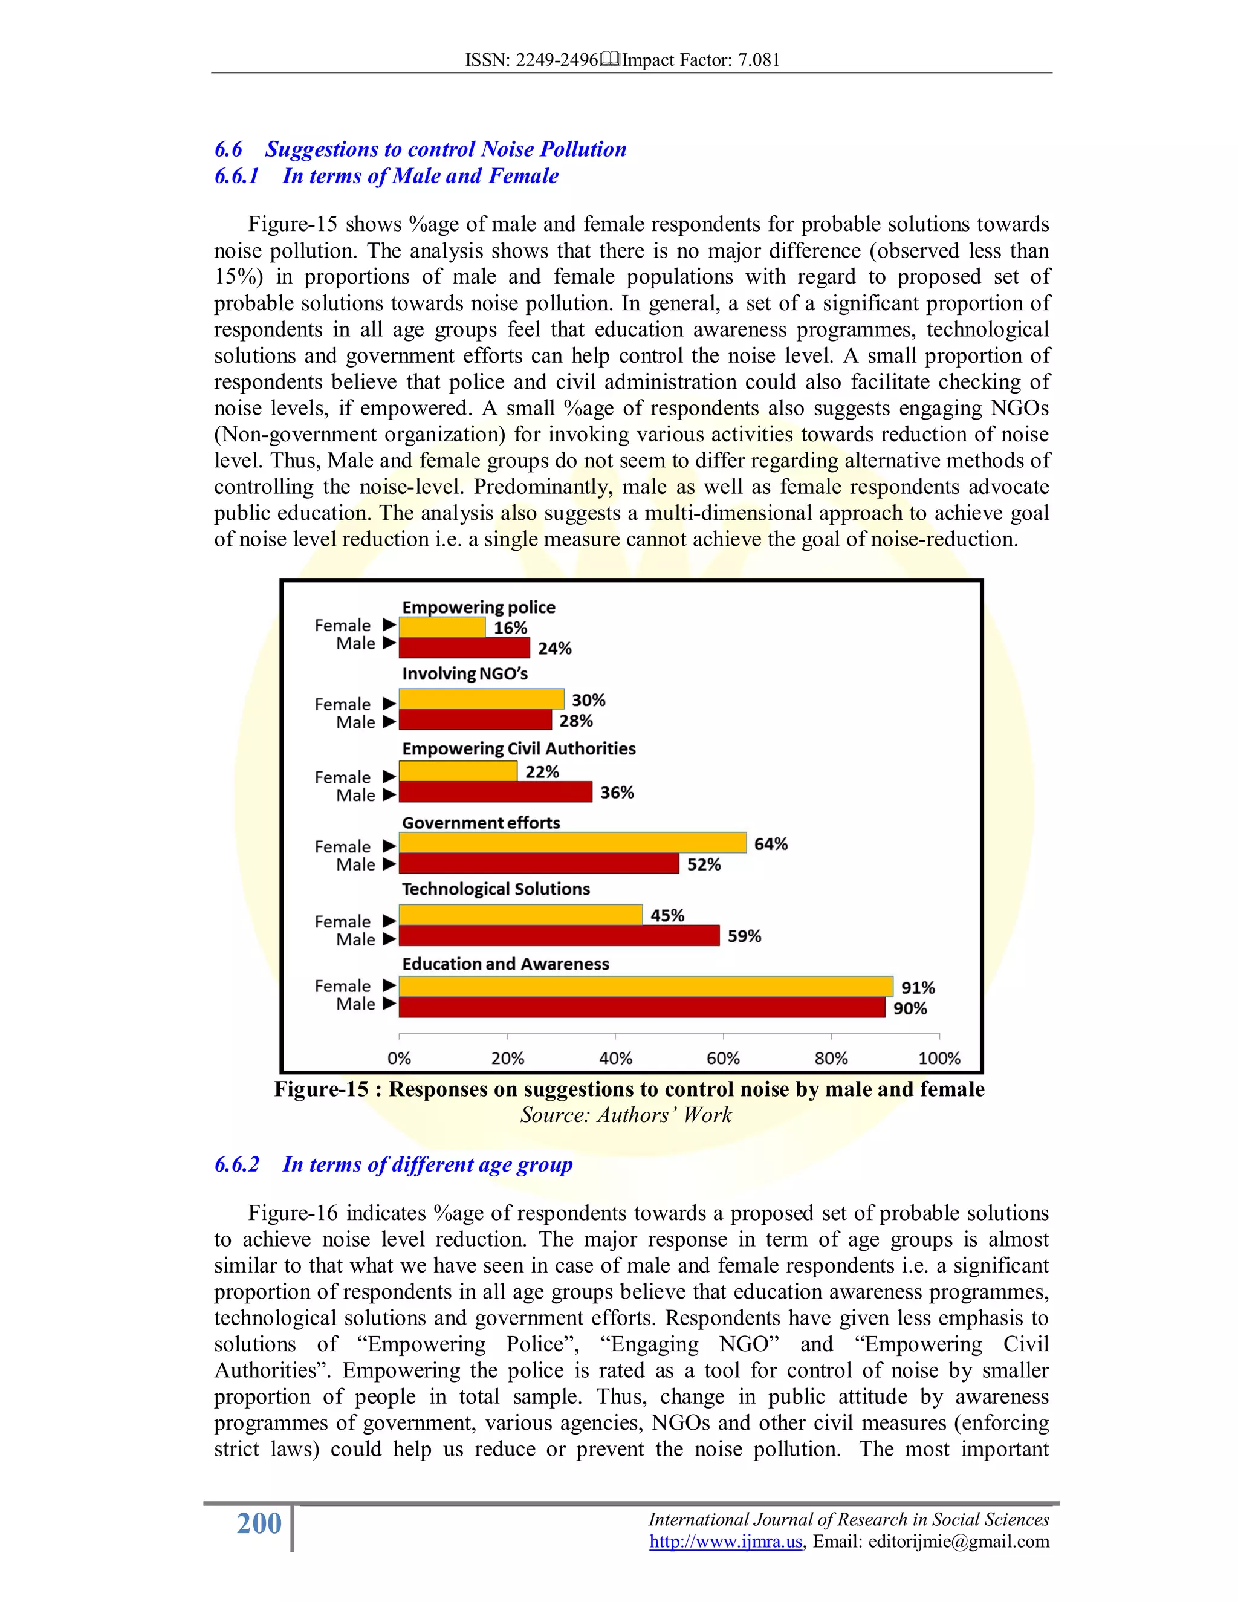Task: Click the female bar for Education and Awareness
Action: [646, 987]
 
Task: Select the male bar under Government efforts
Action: [539, 863]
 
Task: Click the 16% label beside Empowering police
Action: [510, 628]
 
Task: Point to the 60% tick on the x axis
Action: [723, 1059]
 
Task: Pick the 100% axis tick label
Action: [939, 1059]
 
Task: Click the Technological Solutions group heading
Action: [496, 889]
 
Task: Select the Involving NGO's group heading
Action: [464, 673]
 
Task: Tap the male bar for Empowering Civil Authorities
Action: [495, 792]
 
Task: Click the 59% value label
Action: [744, 936]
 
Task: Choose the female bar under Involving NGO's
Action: [481, 699]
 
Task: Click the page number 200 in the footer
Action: [259, 1523]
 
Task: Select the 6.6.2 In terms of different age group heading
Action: [393, 1164]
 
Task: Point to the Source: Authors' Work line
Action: [626, 1115]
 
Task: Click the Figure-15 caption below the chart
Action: [629, 1089]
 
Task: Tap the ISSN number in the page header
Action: [532, 60]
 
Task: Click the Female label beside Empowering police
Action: [343, 625]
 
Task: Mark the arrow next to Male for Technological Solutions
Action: [389, 939]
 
